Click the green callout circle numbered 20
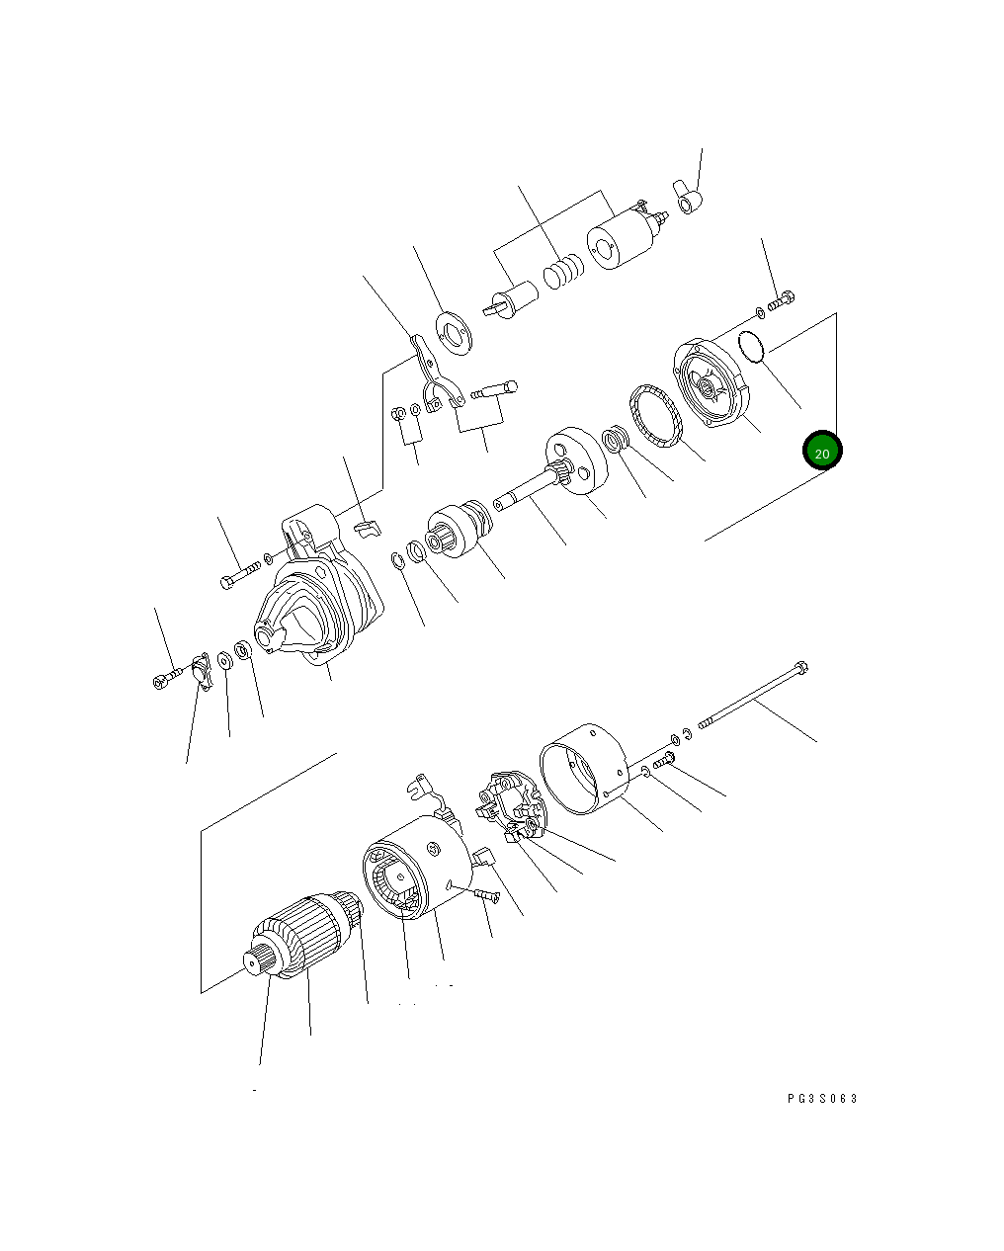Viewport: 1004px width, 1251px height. (x=822, y=452)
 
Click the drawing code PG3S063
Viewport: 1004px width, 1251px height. (x=822, y=1098)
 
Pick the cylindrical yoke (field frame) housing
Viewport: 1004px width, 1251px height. (x=415, y=870)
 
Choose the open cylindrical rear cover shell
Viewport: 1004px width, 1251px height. (x=585, y=769)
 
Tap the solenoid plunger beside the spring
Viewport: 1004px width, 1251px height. (x=513, y=298)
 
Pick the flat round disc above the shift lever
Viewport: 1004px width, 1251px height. (x=454, y=333)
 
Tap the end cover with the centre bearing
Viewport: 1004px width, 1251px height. (x=711, y=384)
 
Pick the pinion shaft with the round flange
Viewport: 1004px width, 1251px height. (x=553, y=474)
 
